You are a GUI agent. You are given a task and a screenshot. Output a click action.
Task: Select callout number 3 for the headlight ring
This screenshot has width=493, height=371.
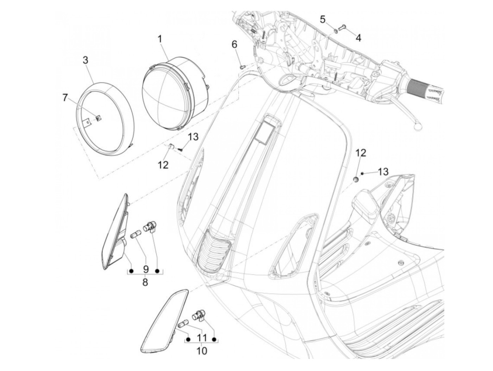[x=86, y=60]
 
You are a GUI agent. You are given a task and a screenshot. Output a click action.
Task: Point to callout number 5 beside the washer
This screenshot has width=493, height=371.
[x=323, y=19]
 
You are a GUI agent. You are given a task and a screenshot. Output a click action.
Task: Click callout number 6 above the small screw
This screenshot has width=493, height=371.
[x=235, y=44]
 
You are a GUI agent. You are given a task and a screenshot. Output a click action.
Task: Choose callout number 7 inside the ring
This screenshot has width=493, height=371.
[x=65, y=98]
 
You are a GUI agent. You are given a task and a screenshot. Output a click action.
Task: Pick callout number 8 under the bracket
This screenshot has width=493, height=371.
[x=145, y=282]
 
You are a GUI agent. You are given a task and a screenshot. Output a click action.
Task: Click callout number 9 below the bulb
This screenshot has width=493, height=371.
[x=145, y=269]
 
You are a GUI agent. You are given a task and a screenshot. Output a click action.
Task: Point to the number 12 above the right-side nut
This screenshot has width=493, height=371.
[x=361, y=153]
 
